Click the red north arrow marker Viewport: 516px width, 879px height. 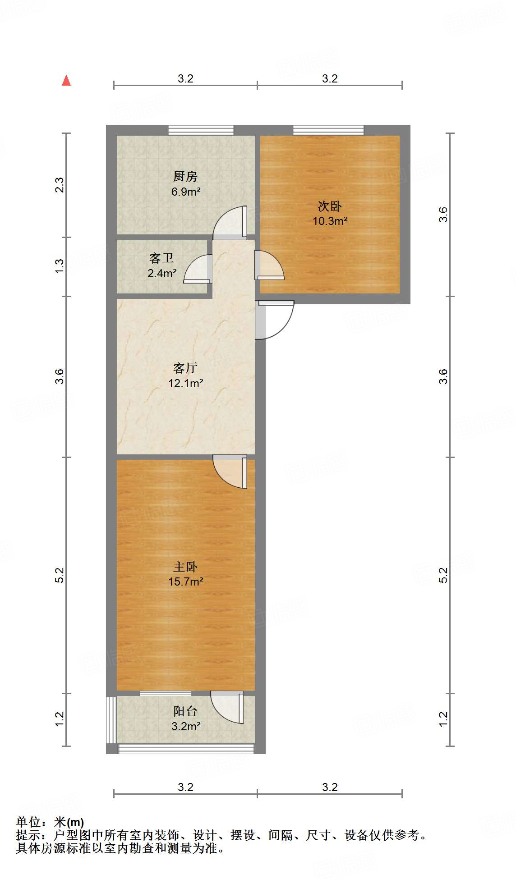pyautogui.click(x=66, y=80)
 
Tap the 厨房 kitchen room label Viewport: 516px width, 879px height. pyautogui.click(x=185, y=176)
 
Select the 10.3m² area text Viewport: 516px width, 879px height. pyautogui.click(x=330, y=221)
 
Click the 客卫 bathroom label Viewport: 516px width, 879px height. pyautogui.click(x=161, y=258)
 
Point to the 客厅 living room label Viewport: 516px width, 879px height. pyautogui.click(x=185, y=368)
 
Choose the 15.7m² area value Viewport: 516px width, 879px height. pyautogui.click(x=185, y=581)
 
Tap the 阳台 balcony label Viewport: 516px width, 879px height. pyautogui.click(x=185, y=711)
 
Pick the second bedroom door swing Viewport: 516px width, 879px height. pyautogui.click(x=269, y=266)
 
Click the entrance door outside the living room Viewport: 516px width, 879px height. pyautogui.click(x=274, y=320)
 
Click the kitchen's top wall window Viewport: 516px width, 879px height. pyautogui.click(x=201, y=130)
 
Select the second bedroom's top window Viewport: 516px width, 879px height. pyautogui.click(x=328, y=130)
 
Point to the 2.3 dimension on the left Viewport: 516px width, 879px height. pyautogui.click(x=60, y=185)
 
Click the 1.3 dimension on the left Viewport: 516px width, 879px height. pyautogui.click(x=60, y=266)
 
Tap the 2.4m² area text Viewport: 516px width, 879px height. pyautogui.click(x=162, y=273)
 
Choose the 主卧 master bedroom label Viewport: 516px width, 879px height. pyautogui.click(x=185, y=567)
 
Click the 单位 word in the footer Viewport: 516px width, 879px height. pyautogui.click(x=28, y=822)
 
